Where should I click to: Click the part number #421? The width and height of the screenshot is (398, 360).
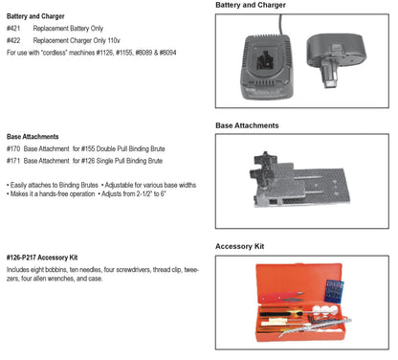[13, 29]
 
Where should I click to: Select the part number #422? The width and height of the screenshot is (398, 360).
[13, 40]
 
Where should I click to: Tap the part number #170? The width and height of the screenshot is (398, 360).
[13, 148]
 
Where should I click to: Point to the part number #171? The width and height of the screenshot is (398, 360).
[13, 161]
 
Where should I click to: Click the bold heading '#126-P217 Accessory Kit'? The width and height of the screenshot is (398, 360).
[42, 258]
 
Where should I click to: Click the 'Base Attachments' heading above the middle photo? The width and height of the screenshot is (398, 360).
[247, 125]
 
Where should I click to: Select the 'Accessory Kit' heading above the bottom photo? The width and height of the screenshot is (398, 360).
[240, 246]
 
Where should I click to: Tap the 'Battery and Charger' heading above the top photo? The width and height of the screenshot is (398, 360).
[251, 5]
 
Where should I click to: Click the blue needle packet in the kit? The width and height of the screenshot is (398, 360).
[334, 290]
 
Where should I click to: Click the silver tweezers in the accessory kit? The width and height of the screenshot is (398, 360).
[314, 326]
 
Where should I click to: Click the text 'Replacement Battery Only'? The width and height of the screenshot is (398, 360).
[68, 29]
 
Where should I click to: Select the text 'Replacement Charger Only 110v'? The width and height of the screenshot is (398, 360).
[77, 40]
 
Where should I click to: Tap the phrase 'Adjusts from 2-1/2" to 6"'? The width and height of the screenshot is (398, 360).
[134, 193]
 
